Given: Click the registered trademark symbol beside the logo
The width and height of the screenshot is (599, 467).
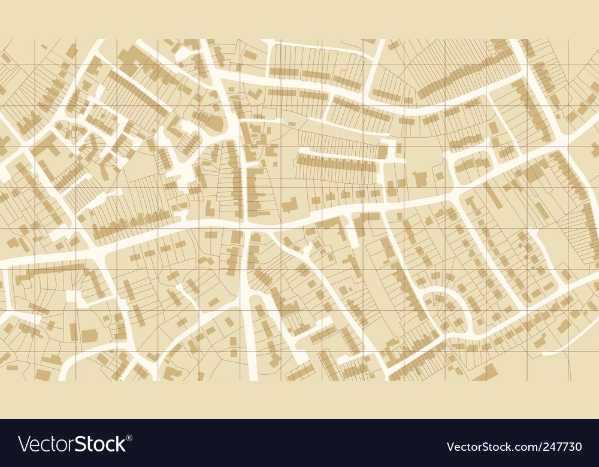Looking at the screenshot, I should click(x=130, y=437).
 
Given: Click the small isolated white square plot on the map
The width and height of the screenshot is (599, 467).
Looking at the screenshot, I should click(x=71, y=296).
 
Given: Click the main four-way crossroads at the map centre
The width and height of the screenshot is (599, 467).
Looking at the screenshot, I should click(x=246, y=225).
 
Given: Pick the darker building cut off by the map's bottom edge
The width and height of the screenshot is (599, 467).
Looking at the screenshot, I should click(x=489, y=372).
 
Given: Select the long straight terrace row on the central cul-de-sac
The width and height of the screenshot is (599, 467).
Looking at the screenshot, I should click(x=338, y=162).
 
